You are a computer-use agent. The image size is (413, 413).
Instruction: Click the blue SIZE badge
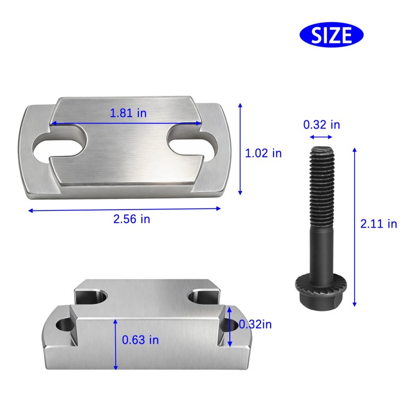(331, 35)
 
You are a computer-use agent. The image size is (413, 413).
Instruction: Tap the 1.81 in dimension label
(128, 113)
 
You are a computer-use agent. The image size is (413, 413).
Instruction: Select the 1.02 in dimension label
(263, 153)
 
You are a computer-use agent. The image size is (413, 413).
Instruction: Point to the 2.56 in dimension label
(132, 219)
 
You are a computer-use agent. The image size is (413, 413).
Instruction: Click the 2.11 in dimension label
(378, 224)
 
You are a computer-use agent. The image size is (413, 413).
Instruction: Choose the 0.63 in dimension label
(140, 340)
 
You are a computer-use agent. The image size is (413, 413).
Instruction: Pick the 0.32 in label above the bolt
(322, 124)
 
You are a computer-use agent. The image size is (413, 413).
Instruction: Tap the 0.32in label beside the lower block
(255, 324)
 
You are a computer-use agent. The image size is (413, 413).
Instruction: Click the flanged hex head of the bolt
(321, 292)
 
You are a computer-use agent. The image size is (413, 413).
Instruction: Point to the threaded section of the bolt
(322, 187)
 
